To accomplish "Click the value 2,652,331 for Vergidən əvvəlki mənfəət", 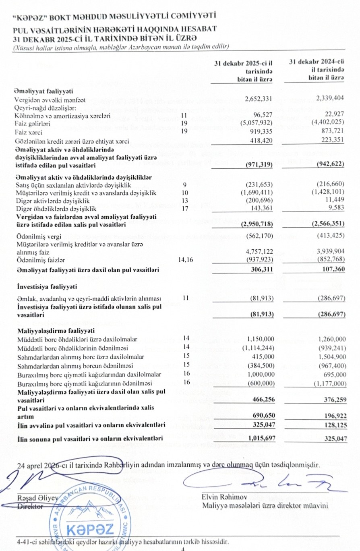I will coord(259,99).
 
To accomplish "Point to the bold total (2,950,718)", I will coord(258,223).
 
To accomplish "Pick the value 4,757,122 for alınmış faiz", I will coord(259,252).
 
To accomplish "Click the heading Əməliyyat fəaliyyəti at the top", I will coord(40,91).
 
